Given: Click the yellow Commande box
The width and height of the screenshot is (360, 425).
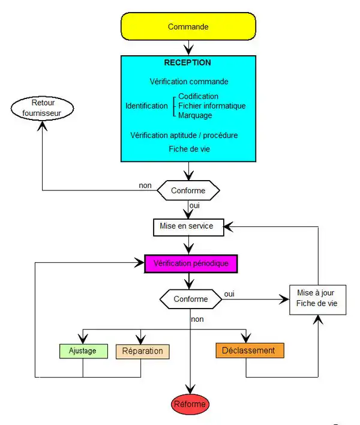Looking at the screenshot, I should (x=188, y=27).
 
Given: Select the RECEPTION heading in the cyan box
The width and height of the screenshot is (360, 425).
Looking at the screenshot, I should (x=188, y=62).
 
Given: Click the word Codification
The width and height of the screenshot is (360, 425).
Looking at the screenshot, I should (x=199, y=97).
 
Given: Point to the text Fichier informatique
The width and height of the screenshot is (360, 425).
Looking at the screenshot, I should (x=212, y=106).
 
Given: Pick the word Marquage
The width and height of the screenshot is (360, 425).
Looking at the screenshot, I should (x=195, y=115).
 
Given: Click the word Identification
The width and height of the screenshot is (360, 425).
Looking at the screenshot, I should (x=146, y=106).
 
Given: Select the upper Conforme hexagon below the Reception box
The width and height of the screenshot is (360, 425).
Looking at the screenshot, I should (x=188, y=191).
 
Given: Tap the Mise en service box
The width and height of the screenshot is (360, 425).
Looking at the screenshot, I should (x=188, y=227).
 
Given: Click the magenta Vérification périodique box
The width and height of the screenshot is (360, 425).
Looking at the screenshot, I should (x=191, y=264).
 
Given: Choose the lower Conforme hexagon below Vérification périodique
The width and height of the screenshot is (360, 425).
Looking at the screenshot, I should (x=191, y=298).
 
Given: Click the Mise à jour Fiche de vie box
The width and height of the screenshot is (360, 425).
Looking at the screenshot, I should (x=317, y=298).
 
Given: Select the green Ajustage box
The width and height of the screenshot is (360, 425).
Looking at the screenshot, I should (x=83, y=351).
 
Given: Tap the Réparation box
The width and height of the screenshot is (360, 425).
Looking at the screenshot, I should (x=142, y=351).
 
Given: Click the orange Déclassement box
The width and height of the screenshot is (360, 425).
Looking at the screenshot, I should (x=248, y=351).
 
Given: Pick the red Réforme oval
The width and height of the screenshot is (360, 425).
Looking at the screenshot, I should (x=191, y=404).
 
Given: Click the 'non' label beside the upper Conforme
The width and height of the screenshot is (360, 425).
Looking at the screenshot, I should (x=145, y=185).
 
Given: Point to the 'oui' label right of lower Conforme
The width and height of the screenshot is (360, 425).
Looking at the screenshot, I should (x=229, y=294).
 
